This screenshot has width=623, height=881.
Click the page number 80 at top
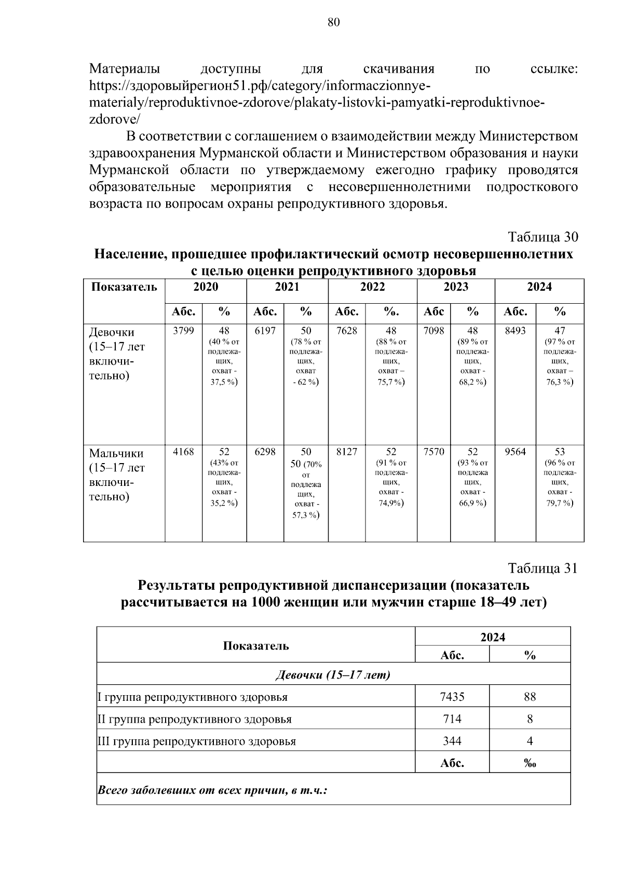click(334, 22)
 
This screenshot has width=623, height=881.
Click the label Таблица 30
click(543, 237)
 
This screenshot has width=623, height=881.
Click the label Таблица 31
click(543, 568)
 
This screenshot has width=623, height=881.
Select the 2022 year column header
click(372, 287)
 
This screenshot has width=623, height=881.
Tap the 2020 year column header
click(206, 287)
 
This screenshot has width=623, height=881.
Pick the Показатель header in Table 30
click(124, 287)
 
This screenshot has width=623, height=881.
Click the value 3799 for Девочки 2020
click(183, 331)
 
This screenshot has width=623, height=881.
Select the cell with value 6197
click(265, 331)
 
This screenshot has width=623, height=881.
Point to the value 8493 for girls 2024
click(514, 331)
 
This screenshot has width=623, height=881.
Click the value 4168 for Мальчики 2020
click(183, 452)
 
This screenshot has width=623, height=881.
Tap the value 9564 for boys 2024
click(515, 452)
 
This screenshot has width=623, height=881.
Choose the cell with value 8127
click(346, 452)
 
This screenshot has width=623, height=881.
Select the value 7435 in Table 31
click(452, 697)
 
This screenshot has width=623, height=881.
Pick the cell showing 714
click(452, 719)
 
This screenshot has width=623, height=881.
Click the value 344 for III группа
click(452, 741)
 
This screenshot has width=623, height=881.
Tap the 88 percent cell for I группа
click(530, 697)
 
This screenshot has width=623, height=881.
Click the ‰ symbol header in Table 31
click(530, 763)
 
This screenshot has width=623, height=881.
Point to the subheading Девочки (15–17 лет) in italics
click(333, 674)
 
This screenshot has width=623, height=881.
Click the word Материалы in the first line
click(125, 69)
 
